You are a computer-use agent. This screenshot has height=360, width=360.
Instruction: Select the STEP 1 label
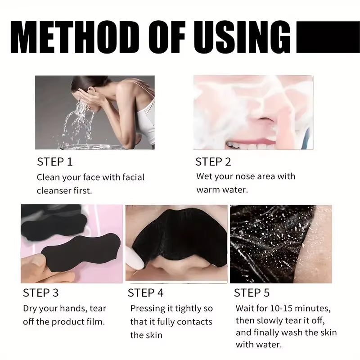54,162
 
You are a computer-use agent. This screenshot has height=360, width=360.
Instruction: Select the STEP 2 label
213,162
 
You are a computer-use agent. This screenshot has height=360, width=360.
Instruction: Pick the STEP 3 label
40,293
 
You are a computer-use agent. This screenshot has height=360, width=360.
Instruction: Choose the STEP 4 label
145,293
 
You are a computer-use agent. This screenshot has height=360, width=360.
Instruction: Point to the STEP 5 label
252,293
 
